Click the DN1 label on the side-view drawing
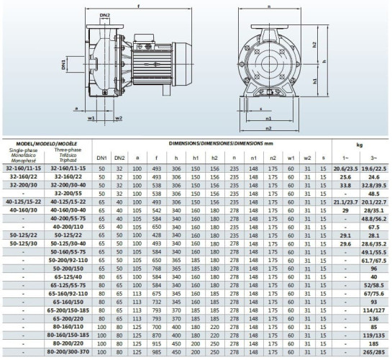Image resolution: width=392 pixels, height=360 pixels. coord(64,64)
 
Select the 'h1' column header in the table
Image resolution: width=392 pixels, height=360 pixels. coord(196,158)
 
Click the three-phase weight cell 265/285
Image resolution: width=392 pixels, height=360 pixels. coord(373,353)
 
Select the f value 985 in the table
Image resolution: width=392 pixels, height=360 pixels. coord(156,353)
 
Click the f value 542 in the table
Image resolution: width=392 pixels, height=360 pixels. coord(156,210)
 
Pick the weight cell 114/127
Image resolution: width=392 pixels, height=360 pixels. coord(373,310)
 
